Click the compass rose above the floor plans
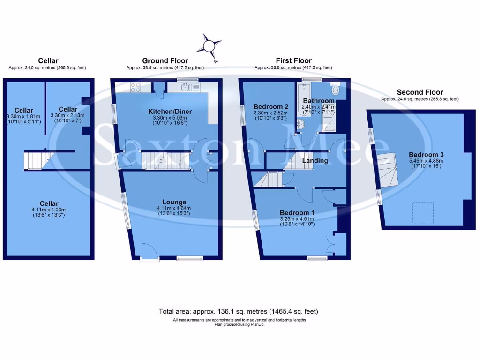click(x=209, y=46)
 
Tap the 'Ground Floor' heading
click(x=165, y=60)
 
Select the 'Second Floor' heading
click(x=420, y=92)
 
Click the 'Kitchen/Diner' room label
click(x=167, y=111)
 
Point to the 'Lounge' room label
click(x=168, y=202)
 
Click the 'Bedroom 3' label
click(x=426, y=155)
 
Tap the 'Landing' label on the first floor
click(x=315, y=161)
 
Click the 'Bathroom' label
click(x=319, y=101)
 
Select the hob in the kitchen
click(x=136, y=87)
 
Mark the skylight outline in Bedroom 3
click(x=422, y=210)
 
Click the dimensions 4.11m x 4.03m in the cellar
click(x=49, y=210)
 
